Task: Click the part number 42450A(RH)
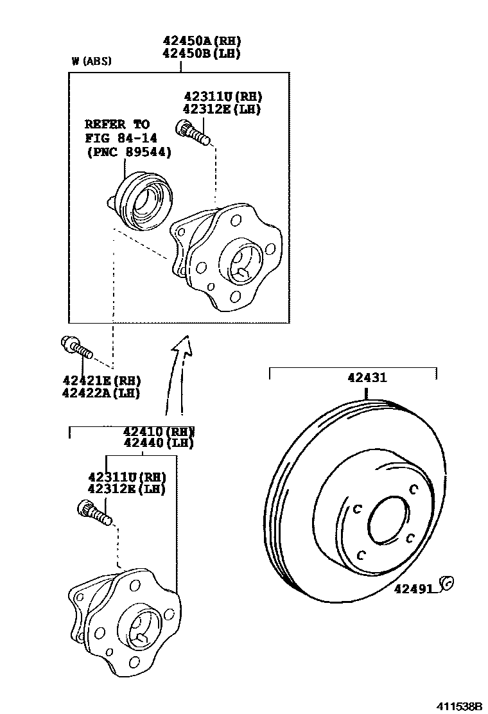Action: [201, 42]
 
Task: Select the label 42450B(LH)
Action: [201, 53]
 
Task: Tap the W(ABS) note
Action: [91, 62]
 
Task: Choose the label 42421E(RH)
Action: [101, 381]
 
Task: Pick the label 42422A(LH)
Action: [101, 393]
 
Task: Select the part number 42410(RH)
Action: [159, 431]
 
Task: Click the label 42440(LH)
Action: [159, 442]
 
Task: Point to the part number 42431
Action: [367, 378]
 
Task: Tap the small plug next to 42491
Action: [447, 583]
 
